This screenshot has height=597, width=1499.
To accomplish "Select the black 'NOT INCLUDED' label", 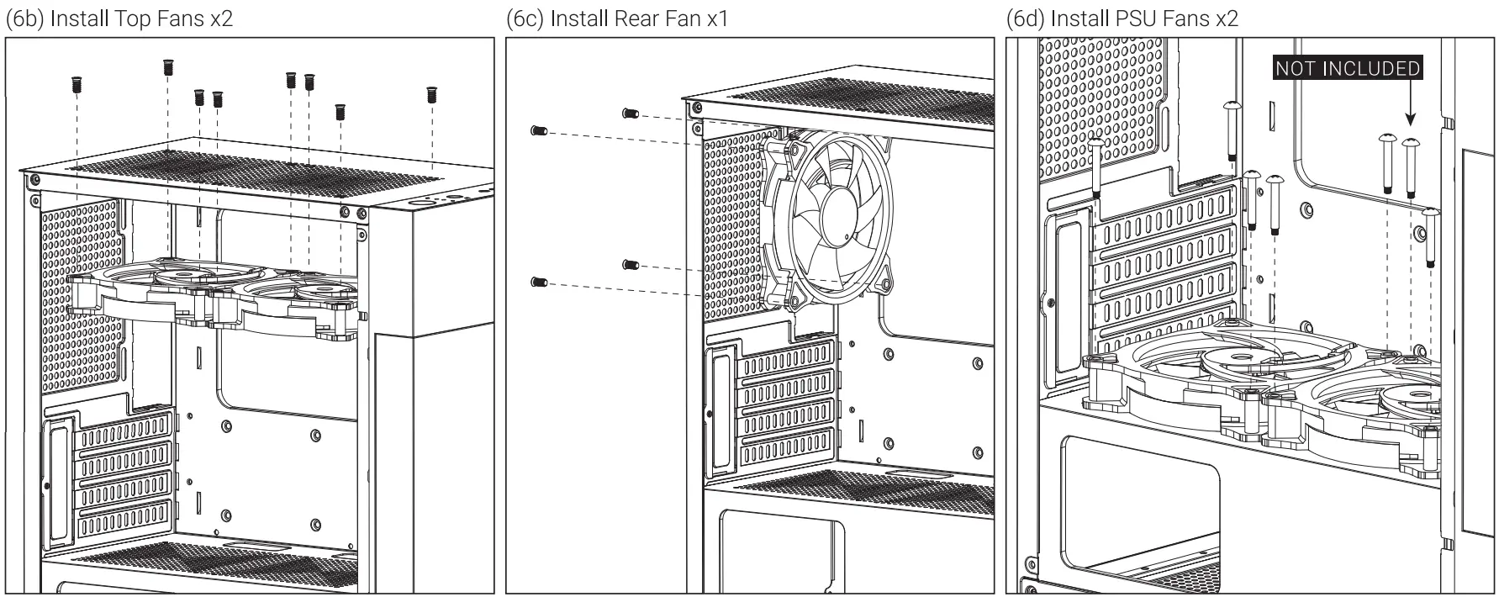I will pyautogui.click(x=1348, y=69).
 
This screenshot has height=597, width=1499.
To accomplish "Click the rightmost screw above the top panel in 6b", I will pyautogui.click(x=432, y=94).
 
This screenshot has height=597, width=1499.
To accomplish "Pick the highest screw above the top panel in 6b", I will pyautogui.click(x=167, y=66).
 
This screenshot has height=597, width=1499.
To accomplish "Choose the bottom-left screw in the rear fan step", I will pyautogui.click(x=539, y=282).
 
